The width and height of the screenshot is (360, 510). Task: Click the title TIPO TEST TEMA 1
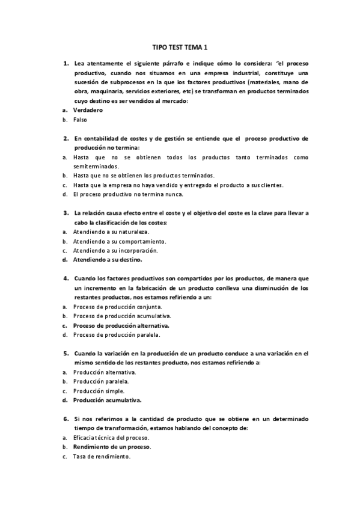[x=180, y=47]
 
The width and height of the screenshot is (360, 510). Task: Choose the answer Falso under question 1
[x=81, y=120]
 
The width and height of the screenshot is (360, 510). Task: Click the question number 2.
[x=66, y=138]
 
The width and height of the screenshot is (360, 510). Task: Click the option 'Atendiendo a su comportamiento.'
[x=119, y=241]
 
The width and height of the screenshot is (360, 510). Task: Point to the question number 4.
[x=66, y=278]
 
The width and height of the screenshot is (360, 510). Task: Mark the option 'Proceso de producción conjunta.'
[x=117, y=307]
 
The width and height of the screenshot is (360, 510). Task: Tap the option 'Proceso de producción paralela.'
[x=117, y=334]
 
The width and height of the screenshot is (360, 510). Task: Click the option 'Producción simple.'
[x=99, y=390]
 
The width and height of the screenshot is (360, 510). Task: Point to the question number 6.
[x=66, y=418]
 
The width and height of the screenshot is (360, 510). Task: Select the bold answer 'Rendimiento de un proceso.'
[x=112, y=447]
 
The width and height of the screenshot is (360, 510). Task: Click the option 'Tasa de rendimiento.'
[x=102, y=456]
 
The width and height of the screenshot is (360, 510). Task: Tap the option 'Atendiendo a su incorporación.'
[x=115, y=250]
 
